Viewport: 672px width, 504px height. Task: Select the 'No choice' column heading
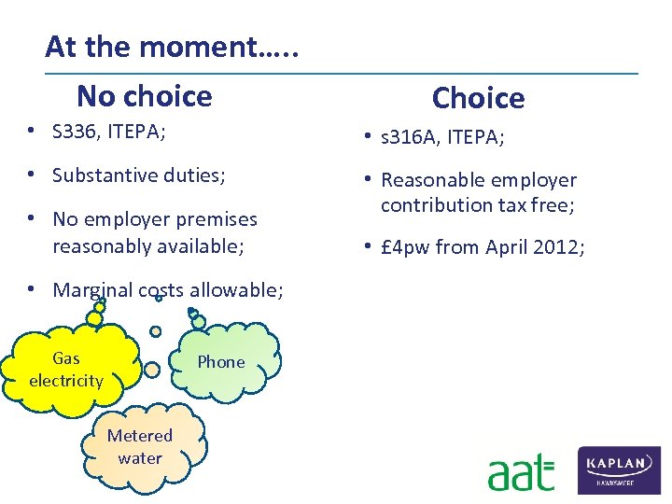144,95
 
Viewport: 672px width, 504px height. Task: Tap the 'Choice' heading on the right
478,97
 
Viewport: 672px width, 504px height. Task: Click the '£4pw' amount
405,247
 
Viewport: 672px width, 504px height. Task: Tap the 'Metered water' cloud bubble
140,447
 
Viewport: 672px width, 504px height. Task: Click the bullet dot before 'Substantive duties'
32,175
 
